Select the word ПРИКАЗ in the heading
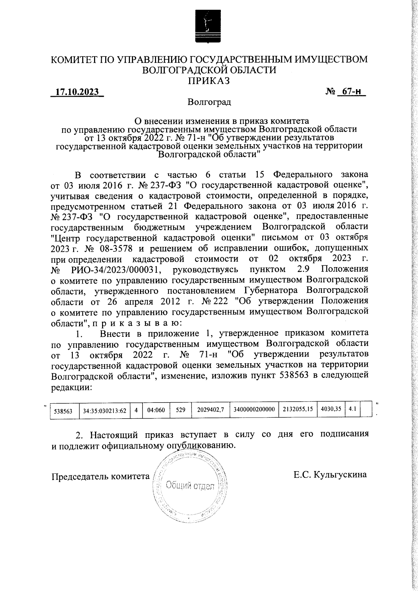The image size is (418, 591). click(209, 81)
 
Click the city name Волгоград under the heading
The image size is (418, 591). click(209, 102)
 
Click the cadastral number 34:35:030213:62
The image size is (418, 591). click(104, 411)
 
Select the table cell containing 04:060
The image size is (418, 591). click(156, 410)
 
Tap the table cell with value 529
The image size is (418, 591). click(180, 410)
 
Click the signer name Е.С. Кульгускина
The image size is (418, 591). click(330, 475)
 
